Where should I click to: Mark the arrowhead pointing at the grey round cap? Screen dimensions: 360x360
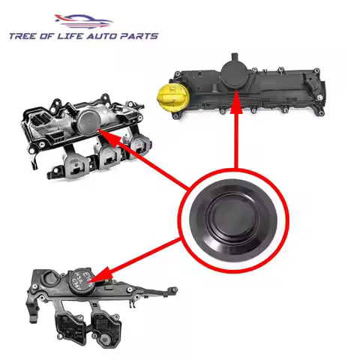coord(106,137)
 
